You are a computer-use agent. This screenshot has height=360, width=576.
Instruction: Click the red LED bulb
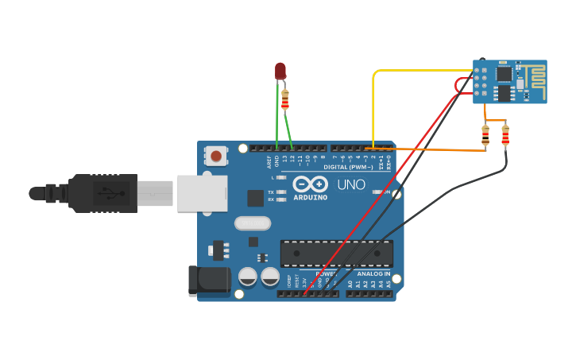[280, 71]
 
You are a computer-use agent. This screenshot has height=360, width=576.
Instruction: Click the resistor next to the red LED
[285, 99]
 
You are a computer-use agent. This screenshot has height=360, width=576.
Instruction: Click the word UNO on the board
[350, 185]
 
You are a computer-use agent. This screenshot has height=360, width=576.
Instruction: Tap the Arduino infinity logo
[310, 184]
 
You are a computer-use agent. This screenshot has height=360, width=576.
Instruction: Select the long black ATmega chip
[336, 253]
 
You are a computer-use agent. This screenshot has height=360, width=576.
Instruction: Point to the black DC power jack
[207, 281]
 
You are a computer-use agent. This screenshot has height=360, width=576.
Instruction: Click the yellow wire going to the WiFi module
[413, 71]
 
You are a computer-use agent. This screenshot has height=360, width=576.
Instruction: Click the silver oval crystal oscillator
[253, 223]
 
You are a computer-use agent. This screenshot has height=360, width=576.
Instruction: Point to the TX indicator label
[271, 192]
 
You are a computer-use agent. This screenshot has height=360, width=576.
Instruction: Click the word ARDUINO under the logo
[310, 197]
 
